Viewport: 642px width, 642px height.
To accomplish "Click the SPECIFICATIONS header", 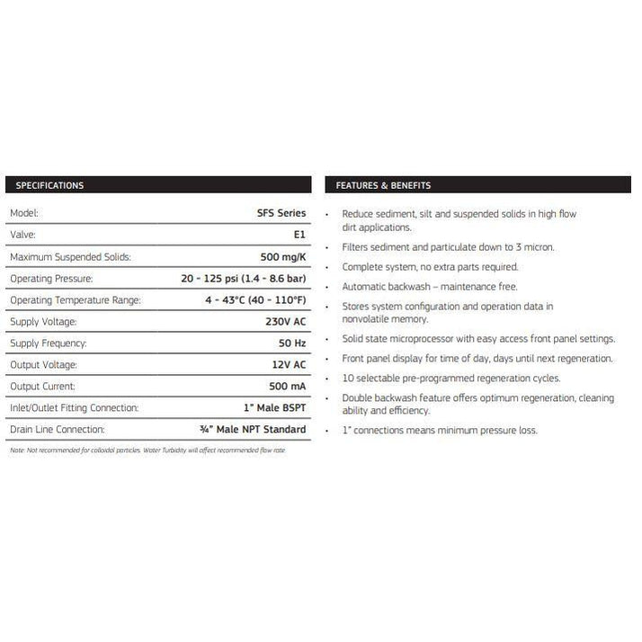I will [x=46, y=185].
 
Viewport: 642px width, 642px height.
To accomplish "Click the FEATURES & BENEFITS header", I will [x=383, y=185].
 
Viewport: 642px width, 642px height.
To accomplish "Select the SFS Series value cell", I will [x=281, y=213].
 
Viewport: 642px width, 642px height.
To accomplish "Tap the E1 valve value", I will [x=299, y=235].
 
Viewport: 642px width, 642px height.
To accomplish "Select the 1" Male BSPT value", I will [x=274, y=407].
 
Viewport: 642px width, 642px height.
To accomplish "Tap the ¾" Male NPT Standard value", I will [x=256, y=429].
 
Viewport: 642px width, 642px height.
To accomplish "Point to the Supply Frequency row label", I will [x=48, y=343].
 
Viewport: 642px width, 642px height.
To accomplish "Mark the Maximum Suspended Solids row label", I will [x=70, y=256].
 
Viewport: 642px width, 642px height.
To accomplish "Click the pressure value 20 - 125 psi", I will [x=243, y=279].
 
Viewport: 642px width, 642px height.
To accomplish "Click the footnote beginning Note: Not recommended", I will [x=147, y=450].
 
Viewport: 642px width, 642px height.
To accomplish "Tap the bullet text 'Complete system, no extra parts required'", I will [x=430, y=266].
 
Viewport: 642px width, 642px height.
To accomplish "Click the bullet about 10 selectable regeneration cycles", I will [x=450, y=378].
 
